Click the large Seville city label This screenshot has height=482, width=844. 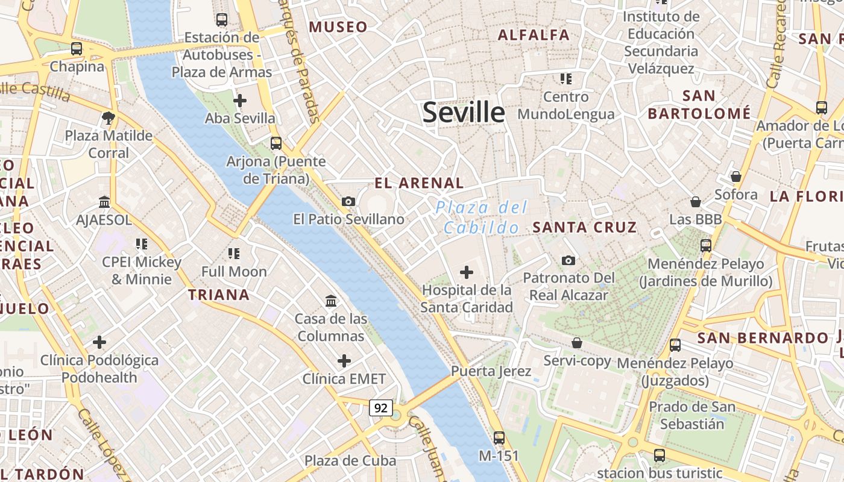[x=464, y=113]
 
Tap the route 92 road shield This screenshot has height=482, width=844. [x=381, y=408]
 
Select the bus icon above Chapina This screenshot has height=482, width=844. [x=77, y=49]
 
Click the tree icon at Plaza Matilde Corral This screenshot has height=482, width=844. [x=109, y=117]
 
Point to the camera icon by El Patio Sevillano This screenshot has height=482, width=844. [x=348, y=201]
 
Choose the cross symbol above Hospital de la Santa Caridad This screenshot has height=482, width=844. [x=466, y=272]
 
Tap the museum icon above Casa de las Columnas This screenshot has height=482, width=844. [x=331, y=301]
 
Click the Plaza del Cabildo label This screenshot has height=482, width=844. [x=482, y=218]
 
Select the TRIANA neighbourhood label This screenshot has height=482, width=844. [x=218, y=295]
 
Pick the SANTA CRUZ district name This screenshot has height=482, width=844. [x=585, y=227]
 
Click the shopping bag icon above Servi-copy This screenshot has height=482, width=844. [x=577, y=343]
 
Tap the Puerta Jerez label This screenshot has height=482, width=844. [x=491, y=371]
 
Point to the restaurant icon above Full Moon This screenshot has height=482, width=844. [x=234, y=254]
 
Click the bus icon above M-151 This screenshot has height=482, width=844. [x=499, y=438]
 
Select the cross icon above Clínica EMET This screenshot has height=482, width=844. [x=344, y=361]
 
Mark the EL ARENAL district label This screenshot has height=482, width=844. [x=419, y=183]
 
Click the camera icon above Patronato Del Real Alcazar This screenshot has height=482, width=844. [x=568, y=260]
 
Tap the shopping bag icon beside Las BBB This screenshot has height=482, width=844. [x=696, y=202]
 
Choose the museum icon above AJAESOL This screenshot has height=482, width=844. [x=104, y=202]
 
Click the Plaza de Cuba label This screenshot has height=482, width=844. [x=350, y=461]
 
